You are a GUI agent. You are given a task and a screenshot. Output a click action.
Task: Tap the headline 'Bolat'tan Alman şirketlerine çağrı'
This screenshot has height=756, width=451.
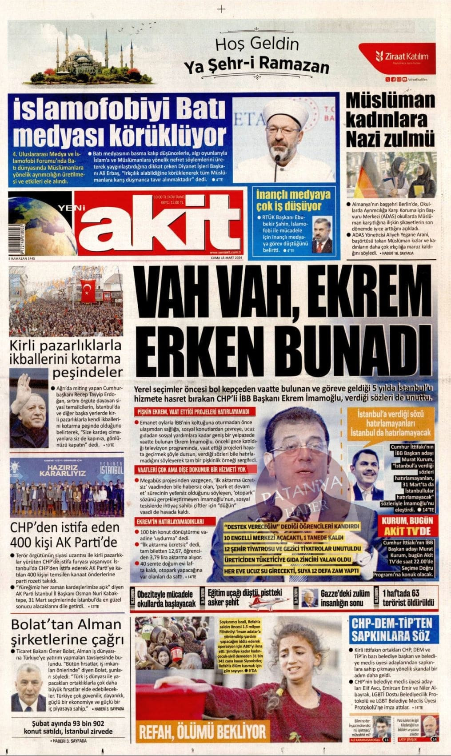pyautogui.click(x=67, y=632)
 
